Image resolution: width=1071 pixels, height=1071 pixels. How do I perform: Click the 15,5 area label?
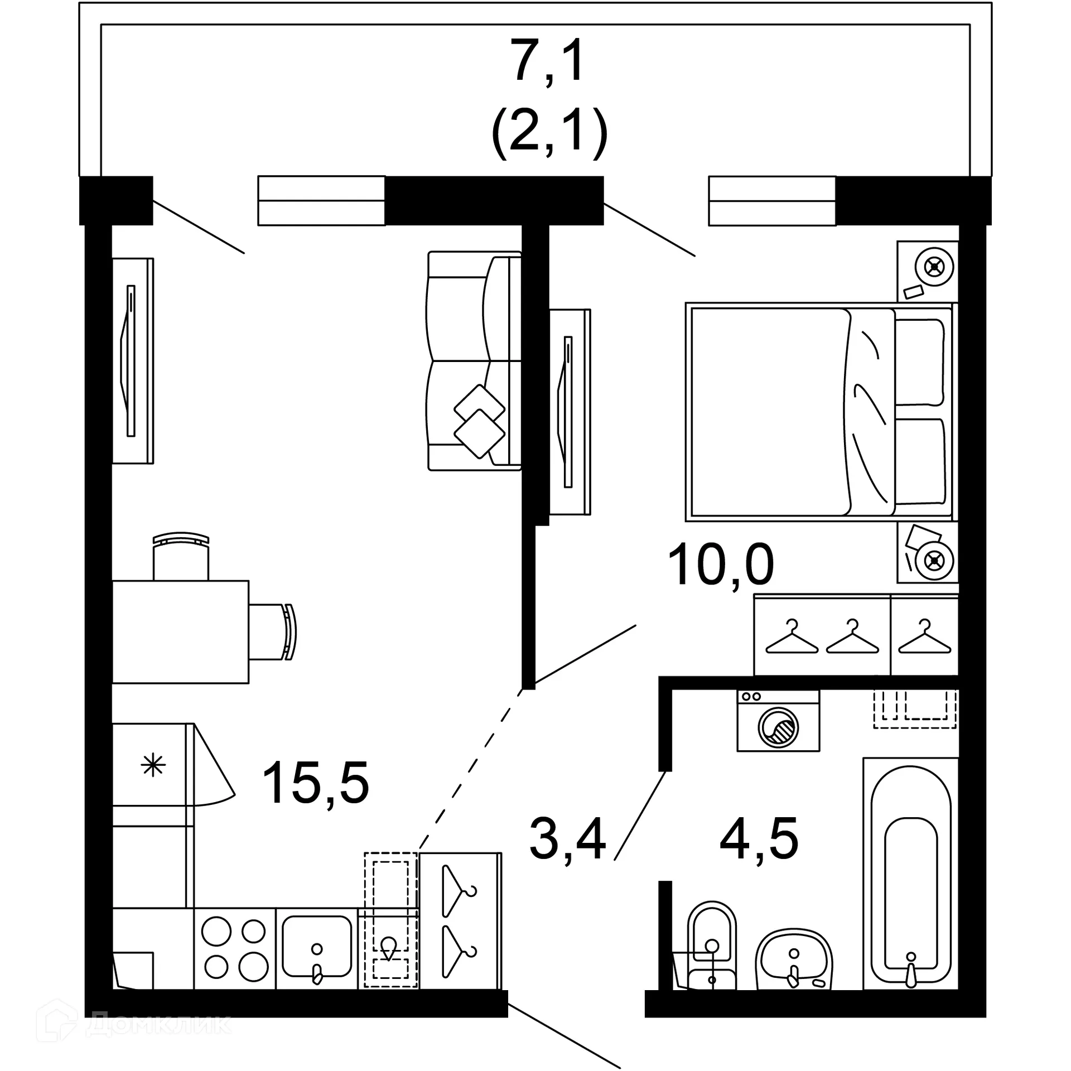point(316,783)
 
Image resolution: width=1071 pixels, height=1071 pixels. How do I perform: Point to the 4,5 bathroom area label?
point(759,838)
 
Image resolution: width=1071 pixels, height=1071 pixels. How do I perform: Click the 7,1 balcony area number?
point(549,60)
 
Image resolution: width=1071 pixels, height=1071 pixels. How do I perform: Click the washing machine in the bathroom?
point(778,720)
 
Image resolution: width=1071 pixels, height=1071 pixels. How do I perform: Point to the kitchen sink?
point(317,949)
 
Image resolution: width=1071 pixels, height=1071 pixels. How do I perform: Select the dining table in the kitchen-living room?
point(180,631)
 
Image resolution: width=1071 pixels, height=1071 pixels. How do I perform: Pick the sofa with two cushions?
point(474,361)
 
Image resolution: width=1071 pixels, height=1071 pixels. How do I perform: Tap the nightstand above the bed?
point(927,271)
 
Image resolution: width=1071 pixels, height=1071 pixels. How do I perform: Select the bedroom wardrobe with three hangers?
point(856,635)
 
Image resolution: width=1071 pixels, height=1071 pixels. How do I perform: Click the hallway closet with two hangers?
point(460,920)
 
